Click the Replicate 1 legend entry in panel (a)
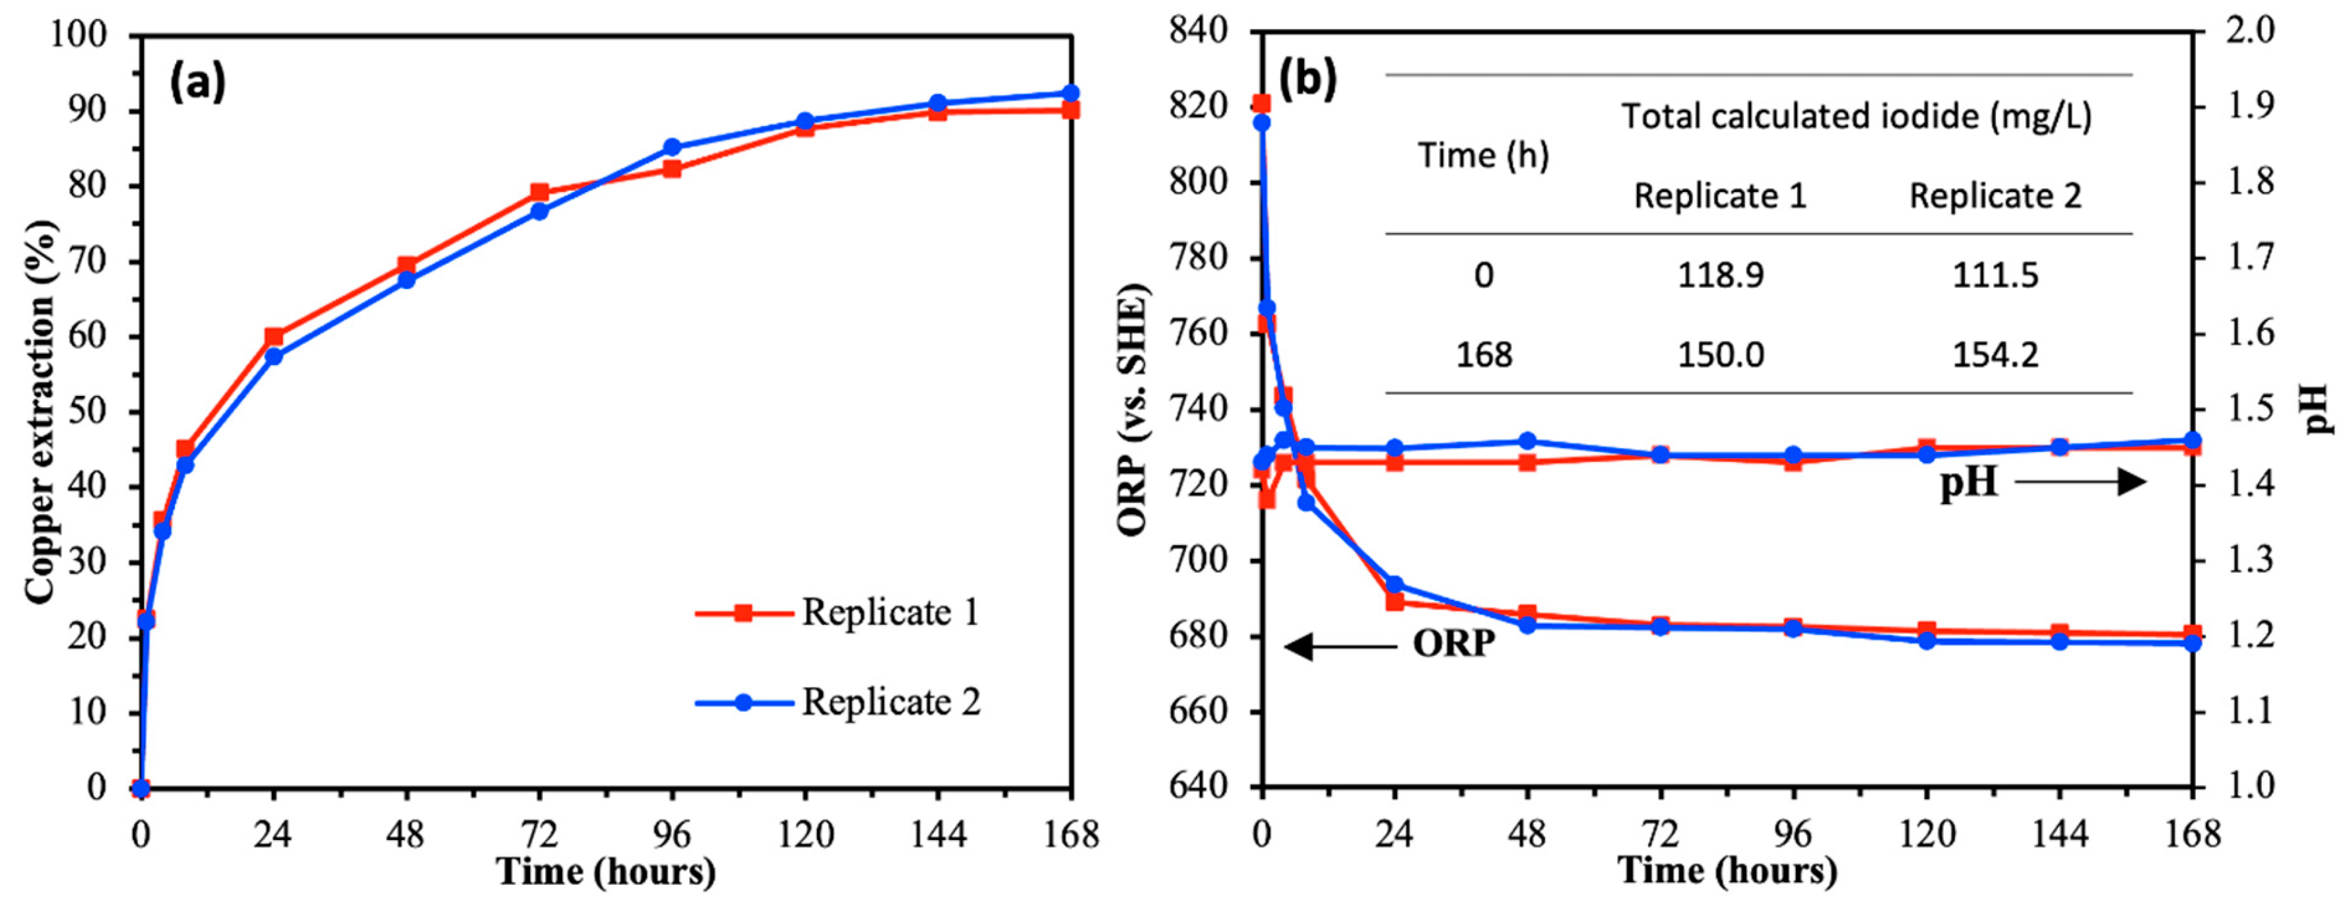pos(837,612)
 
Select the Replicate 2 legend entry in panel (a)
pos(837,702)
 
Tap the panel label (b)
pos(1307,81)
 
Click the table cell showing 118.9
pos(1721,275)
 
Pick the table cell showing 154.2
pos(1995,354)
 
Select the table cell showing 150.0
pos(1721,354)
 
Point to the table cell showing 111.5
pos(1995,275)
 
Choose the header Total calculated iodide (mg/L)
pos(1857,117)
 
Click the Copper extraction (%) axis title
pos(40,411)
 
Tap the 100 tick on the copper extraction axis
pos(81,34)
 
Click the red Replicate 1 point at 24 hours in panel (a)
pos(273,337)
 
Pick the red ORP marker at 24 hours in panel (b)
pos(1394,602)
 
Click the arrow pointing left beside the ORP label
pos(1341,647)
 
